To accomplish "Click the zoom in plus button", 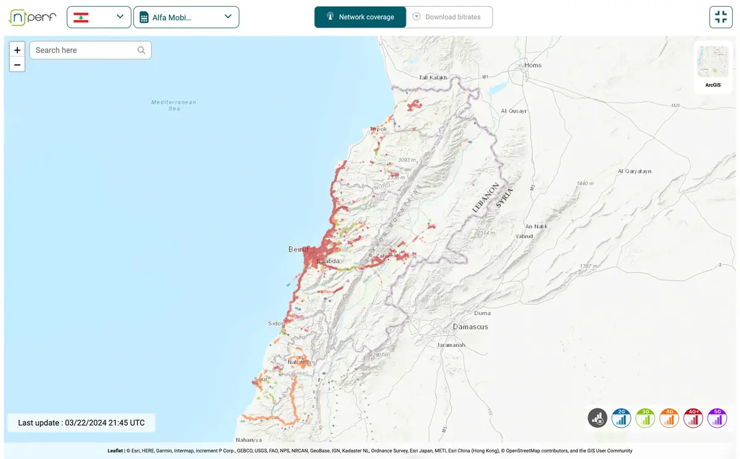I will [17, 50].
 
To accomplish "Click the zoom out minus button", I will [17, 65].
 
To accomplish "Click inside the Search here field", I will [85, 50].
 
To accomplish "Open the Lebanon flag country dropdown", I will [99, 17].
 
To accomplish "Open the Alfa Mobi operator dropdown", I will [186, 17].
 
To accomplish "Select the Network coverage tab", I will [360, 17].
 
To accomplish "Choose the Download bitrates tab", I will [449, 17].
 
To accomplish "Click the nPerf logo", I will [32, 17].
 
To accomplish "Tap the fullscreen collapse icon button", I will [720, 17].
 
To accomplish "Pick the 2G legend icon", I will [621, 418].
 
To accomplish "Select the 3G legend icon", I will [645, 418].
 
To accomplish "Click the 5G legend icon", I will [717, 418].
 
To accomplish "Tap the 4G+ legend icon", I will [693, 418].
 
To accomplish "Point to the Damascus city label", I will [470, 326].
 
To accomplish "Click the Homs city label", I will [533, 65].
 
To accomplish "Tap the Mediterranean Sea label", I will [174, 105].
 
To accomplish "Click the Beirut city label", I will [298, 249].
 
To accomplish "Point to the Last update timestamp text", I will [81, 423].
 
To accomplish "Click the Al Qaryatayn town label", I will [635, 171].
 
